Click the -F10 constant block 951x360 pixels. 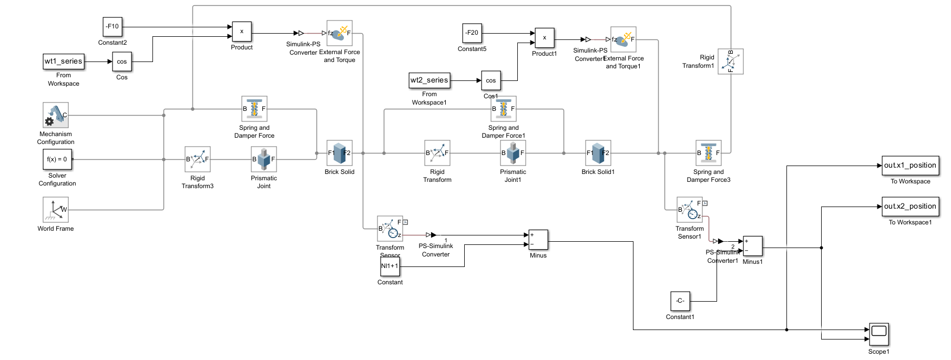pyautogui.click(x=112, y=27)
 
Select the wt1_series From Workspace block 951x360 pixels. pyautogui.click(x=64, y=61)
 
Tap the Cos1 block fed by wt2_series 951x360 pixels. pyautogui.click(x=490, y=80)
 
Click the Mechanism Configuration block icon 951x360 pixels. pyautogui.click(x=56, y=115)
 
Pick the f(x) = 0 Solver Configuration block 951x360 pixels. pyautogui.click(x=57, y=159)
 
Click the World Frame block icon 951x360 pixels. pyautogui.click(x=56, y=210)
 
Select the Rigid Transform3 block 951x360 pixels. pyautogui.click(x=198, y=159)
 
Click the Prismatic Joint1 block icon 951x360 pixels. pyautogui.click(x=513, y=153)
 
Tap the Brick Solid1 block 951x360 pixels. pyautogui.click(x=598, y=153)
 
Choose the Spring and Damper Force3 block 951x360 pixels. pyautogui.click(x=708, y=153)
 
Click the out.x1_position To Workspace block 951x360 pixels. pyautogui.click(x=910, y=166)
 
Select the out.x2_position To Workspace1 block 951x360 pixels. pyautogui.click(x=910, y=207)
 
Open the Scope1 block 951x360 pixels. pyautogui.click(x=879, y=334)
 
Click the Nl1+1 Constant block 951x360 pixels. pyautogui.click(x=390, y=266)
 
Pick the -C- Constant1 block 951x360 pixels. pyautogui.click(x=680, y=301)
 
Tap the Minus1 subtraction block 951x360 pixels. pyautogui.click(x=753, y=246)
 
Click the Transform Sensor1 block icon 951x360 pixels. pyautogui.click(x=689, y=210)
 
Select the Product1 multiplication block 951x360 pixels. pyautogui.click(x=545, y=38)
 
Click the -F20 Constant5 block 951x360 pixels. pyautogui.click(x=472, y=33)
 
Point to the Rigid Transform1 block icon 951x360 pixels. pyautogui.click(x=731, y=61)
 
